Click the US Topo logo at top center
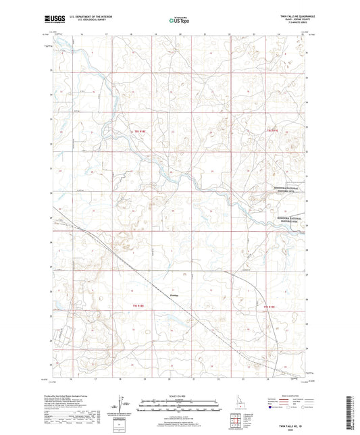(178, 20)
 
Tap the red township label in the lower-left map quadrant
(138, 307)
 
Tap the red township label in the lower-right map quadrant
(269, 307)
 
